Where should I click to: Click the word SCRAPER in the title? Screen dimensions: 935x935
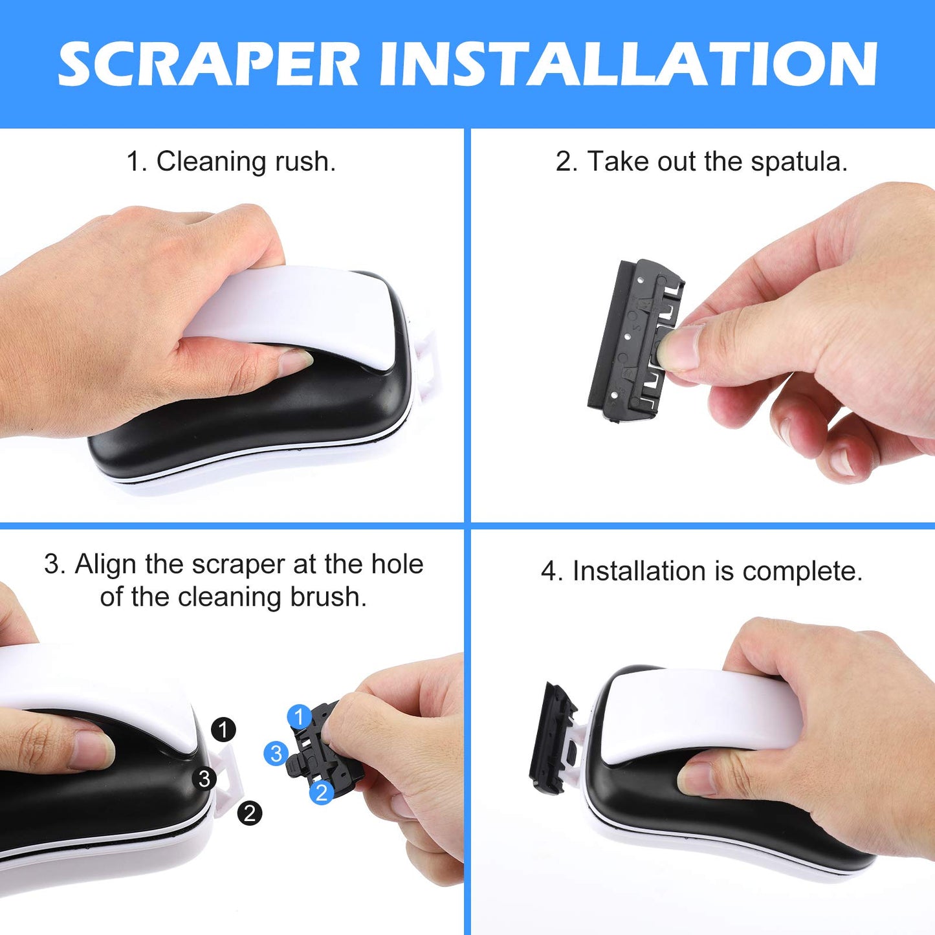pyautogui.click(x=208, y=64)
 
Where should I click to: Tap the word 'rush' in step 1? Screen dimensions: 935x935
pyautogui.click(x=305, y=162)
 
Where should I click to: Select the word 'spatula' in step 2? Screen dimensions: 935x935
pyautogui.click(x=798, y=162)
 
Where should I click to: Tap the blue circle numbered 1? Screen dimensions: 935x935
pyautogui.click(x=300, y=716)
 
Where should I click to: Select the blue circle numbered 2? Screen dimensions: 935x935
pyautogui.click(x=321, y=792)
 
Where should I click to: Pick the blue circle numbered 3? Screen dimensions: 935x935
pyautogui.click(x=276, y=754)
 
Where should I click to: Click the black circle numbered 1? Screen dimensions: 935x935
pyautogui.click(x=224, y=729)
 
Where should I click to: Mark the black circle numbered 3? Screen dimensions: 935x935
pyautogui.click(x=204, y=778)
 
